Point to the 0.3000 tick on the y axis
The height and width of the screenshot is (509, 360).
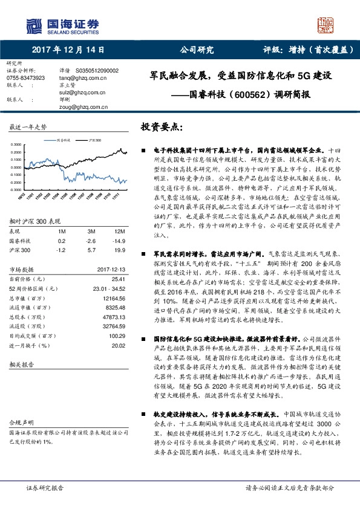click(17, 144)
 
